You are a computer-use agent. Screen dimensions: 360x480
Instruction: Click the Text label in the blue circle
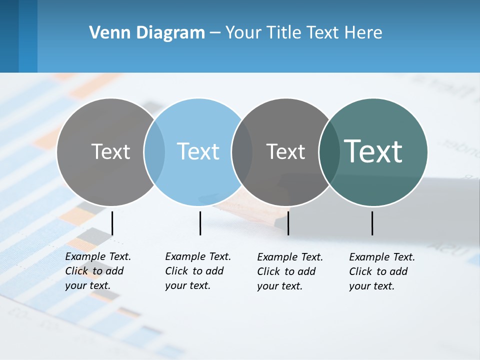[198, 151]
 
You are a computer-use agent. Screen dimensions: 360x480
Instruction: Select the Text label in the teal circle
[373, 151]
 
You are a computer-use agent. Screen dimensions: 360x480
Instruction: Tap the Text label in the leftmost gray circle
[110, 151]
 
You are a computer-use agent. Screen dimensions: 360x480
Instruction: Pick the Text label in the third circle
[285, 151]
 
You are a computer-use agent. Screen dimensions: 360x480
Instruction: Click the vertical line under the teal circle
[372, 223]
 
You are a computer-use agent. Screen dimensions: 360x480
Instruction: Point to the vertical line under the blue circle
[200, 223]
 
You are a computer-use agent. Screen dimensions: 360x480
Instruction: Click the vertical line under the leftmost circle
[112, 223]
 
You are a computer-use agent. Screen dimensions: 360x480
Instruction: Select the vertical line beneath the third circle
[288, 223]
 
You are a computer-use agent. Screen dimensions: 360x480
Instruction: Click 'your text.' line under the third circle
[279, 286]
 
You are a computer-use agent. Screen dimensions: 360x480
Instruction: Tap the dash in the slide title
[214, 33]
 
